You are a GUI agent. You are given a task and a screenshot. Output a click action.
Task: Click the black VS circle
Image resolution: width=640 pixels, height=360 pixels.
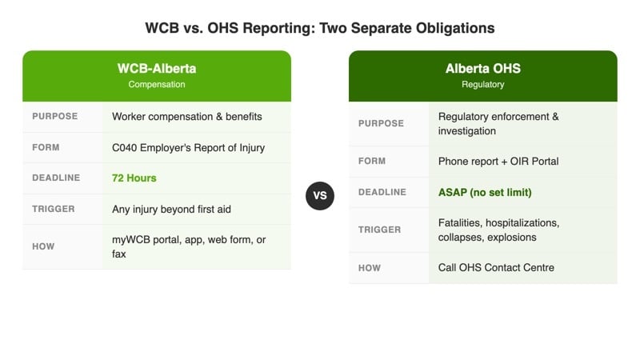click(319, 195)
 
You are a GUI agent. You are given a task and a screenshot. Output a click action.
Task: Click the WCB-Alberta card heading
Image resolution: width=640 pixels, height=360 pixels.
click(157, 68)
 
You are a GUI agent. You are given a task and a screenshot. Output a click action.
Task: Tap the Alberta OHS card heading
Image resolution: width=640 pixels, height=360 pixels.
click(482, 68)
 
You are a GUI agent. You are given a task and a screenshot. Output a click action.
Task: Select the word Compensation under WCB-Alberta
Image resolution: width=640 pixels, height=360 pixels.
click(157, 84)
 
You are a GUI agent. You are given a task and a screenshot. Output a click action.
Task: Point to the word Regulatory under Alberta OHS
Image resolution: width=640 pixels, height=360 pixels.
click(482, 84)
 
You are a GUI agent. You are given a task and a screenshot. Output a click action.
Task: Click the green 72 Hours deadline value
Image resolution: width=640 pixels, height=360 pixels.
click(134, 178)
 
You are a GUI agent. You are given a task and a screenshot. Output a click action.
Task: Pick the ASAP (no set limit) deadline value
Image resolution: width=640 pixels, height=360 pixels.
click(485, 192)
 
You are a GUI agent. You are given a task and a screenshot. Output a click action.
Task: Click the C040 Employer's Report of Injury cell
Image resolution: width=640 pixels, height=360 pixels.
click(188, 147)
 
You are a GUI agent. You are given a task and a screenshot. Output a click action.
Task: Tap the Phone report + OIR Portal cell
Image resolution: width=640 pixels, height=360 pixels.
click(498, 162)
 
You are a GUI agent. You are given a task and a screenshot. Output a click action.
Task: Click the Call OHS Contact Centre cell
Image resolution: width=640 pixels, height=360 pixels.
click(496, 267)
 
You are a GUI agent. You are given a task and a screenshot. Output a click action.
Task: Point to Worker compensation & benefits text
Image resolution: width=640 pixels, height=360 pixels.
click(187, 117)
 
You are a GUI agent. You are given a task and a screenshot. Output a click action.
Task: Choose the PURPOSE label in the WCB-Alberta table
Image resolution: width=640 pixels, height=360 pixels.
click(54, 117)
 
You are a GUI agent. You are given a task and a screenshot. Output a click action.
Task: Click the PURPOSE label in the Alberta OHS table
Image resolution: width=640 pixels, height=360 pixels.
click(381, 124)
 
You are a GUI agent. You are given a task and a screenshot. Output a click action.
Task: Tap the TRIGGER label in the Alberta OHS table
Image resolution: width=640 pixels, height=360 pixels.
click(379, 230)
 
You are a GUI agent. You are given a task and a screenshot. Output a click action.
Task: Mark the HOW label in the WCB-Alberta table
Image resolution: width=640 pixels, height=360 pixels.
click(43, 246)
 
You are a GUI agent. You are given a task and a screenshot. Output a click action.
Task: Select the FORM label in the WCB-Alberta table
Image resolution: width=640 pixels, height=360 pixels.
click(46, 147)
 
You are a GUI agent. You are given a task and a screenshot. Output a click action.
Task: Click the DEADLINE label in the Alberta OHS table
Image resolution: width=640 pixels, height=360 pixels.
click(382, 192)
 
